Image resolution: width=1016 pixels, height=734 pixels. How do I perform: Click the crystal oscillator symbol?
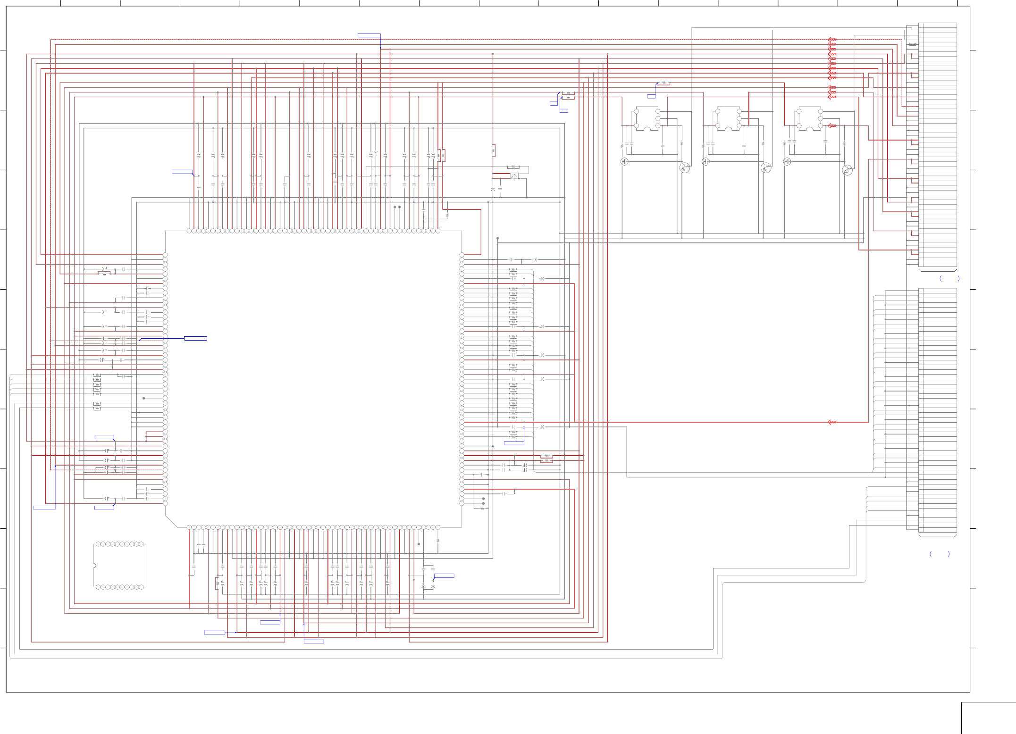514,176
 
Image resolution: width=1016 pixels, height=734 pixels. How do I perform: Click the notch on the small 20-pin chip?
94,566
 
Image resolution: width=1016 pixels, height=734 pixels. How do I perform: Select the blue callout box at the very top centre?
369,35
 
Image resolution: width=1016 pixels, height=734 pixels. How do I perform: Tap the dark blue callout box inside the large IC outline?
195,338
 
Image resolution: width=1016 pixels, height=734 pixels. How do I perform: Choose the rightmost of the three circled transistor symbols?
847,170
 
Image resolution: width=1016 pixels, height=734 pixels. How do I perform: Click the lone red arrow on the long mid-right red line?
832,422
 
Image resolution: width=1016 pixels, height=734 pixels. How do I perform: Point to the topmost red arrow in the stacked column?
831,40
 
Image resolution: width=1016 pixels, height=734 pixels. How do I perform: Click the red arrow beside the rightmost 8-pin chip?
832,126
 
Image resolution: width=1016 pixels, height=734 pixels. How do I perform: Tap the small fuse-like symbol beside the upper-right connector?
913,44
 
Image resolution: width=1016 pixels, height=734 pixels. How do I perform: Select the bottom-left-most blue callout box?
44,508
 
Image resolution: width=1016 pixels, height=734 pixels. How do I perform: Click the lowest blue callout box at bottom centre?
314,641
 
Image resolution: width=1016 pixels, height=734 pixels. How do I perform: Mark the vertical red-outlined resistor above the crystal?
494,150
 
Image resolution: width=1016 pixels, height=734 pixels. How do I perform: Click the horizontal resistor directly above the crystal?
513,167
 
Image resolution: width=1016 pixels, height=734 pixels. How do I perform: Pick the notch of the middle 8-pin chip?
728,128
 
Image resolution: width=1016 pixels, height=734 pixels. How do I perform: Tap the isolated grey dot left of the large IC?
144,398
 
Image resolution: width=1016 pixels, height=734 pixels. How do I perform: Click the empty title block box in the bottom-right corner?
988,718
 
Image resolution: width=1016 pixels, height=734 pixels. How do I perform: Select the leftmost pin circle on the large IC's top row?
189,231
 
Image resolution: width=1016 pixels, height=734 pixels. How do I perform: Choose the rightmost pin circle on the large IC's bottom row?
438,527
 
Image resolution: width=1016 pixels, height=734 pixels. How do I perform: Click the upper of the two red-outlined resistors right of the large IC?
546,456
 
